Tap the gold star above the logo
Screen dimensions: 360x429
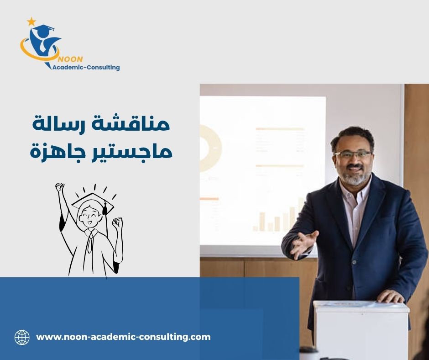[31, 21]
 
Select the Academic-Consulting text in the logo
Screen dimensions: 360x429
[86, 67]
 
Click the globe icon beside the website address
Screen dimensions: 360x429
[22, 337]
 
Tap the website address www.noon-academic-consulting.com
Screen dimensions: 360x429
[123, 337]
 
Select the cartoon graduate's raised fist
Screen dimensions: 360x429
[60, 187]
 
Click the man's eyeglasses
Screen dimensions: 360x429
[353, 155]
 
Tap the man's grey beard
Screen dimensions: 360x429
[354, 178]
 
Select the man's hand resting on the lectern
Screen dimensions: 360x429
[391, 296]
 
